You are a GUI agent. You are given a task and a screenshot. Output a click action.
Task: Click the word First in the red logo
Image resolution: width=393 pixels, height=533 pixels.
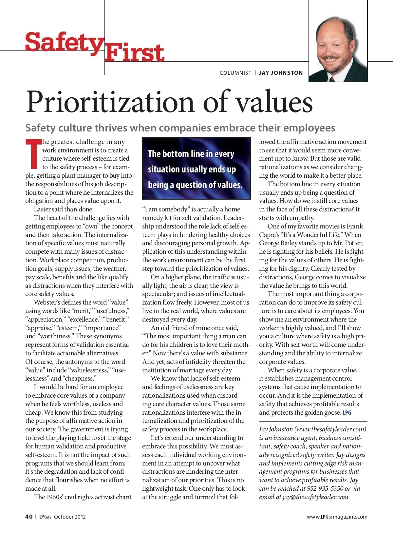[135, 53]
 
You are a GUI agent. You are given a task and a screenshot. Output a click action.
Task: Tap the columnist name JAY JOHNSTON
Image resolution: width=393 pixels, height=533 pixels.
[281, 73]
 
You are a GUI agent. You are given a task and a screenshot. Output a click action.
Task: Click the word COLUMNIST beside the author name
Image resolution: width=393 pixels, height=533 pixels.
[235, 73]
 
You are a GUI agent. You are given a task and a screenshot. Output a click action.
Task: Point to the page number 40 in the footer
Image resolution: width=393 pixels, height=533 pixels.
[29, 517]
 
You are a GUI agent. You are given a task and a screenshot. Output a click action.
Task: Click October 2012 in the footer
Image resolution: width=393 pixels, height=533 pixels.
[70, 517]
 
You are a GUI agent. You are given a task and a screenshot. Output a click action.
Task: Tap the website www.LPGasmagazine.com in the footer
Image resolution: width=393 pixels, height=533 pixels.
[337, 517]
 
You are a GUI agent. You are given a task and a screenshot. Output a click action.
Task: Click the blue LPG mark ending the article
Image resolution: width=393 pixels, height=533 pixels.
[347, 412]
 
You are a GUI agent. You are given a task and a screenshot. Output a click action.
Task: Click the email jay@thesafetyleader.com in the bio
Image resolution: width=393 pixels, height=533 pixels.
[316, 497]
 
